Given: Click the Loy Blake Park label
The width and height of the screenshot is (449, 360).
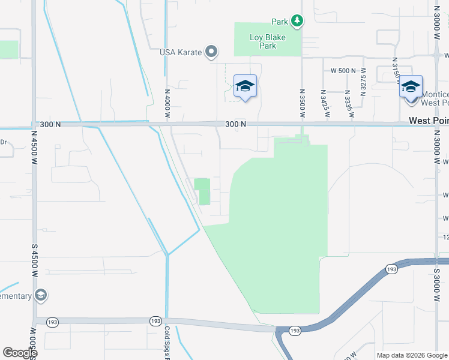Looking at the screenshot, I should [268, 41].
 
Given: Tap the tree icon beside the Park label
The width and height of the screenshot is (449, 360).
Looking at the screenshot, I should [297, 21].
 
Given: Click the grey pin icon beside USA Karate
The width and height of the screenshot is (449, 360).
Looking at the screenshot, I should [211, 52].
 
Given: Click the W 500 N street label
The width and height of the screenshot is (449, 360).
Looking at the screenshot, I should [344, 70].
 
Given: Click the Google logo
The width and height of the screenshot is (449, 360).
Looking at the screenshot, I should [20, 353].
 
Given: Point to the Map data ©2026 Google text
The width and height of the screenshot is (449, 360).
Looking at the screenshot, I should [411, 355].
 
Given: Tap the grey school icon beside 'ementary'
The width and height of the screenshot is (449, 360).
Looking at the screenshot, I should [41, 295].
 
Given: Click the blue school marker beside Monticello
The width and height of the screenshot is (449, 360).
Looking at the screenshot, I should [411, 86].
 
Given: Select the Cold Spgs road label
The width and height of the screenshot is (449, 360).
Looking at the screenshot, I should [167, 340].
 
